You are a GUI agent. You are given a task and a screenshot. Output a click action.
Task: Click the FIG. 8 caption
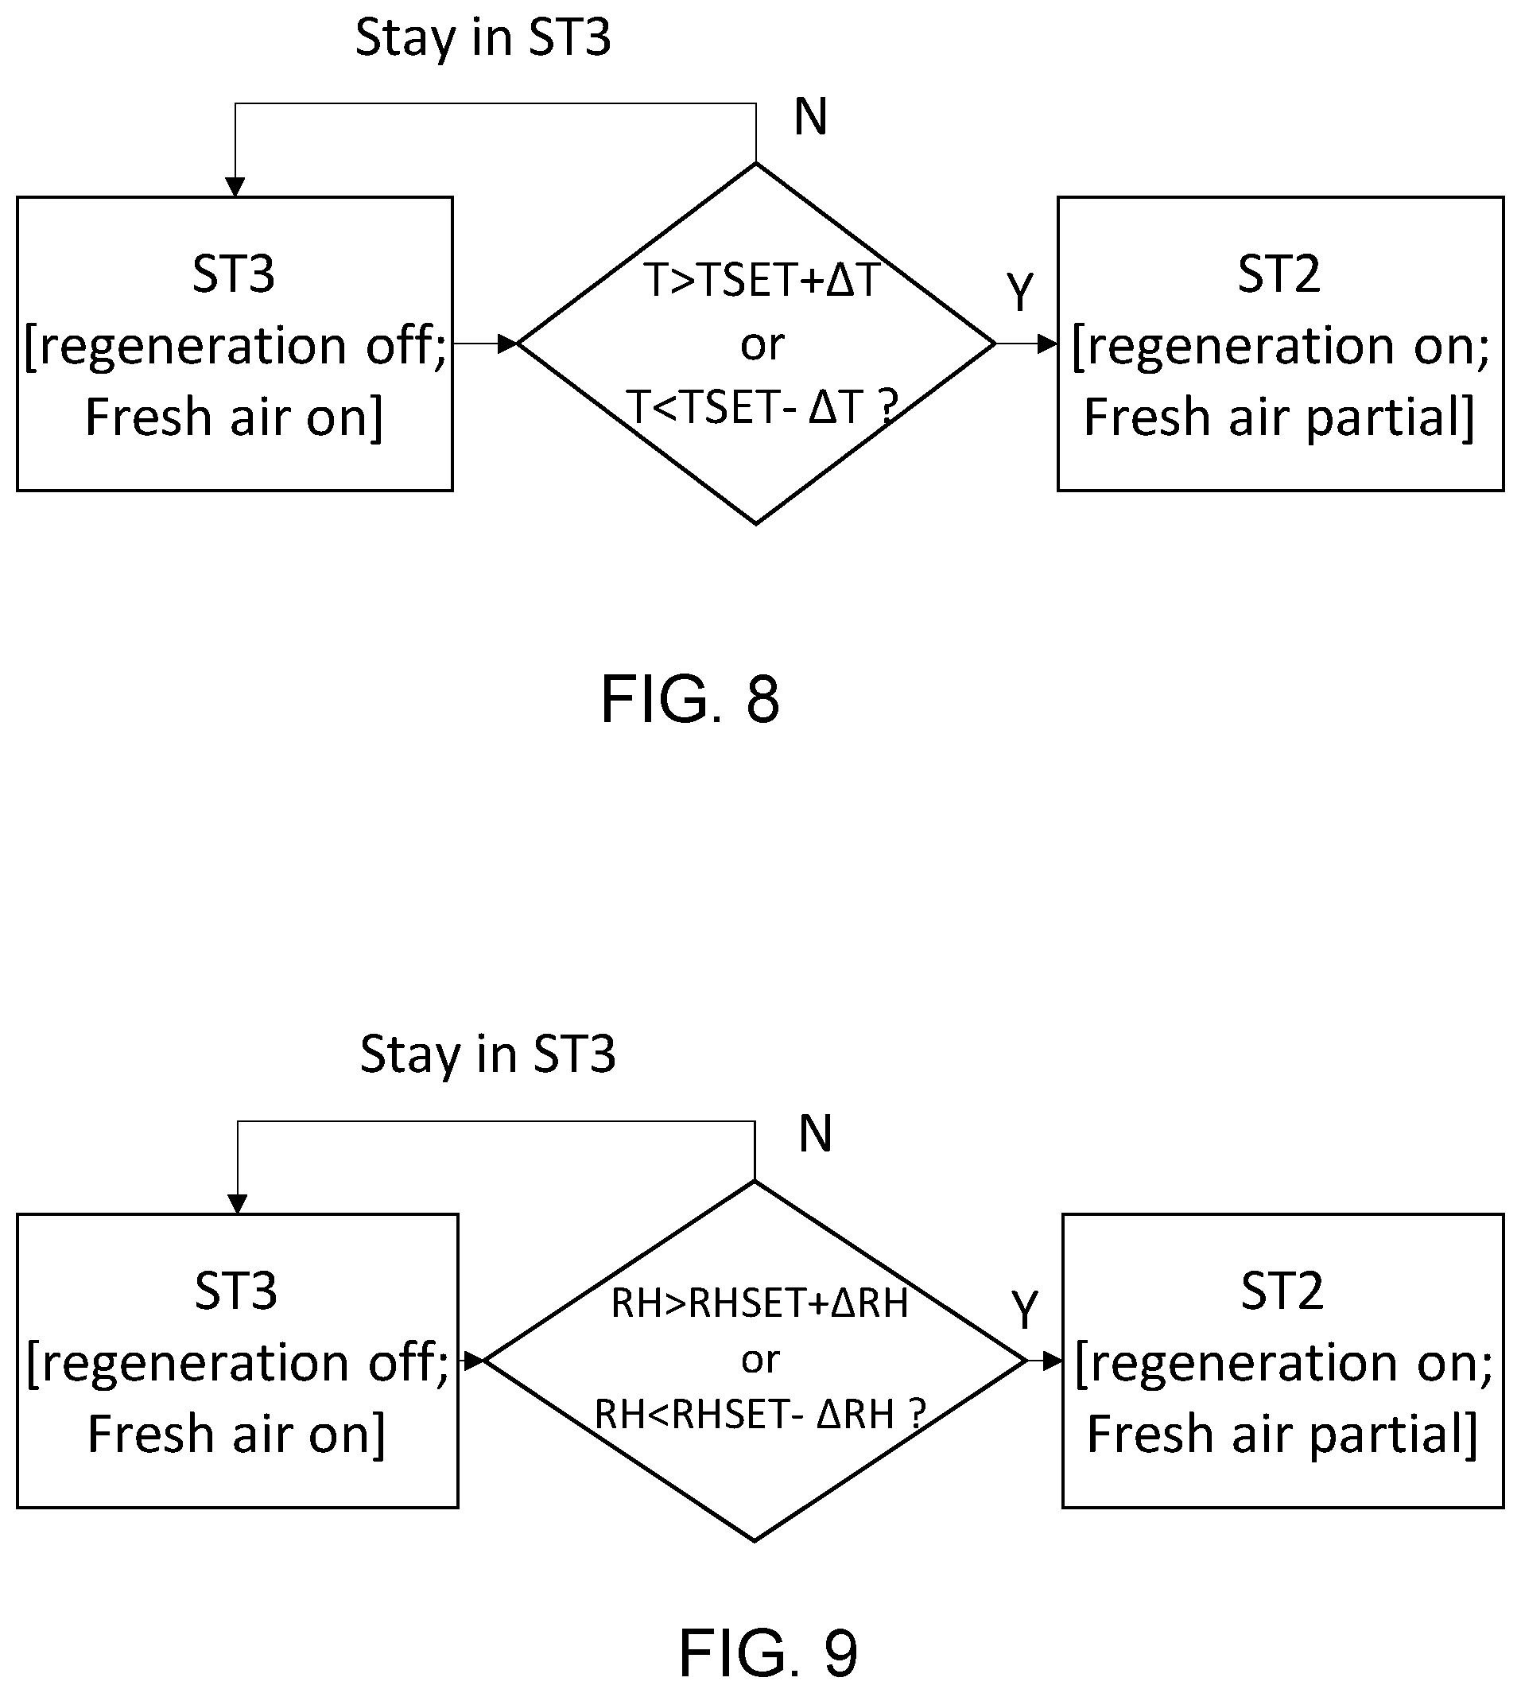tap(690, 700)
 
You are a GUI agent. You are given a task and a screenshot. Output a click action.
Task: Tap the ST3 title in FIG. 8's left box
tap(234, 274)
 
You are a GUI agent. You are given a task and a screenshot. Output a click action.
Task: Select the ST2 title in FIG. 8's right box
tap(1279, 274)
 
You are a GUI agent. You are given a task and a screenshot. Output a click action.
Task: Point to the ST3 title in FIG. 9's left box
tap(236, 1291)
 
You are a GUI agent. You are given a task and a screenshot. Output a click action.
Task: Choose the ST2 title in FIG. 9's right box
tap(1282, 1291)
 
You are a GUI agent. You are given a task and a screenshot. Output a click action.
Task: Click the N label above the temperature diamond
tap(811, 117)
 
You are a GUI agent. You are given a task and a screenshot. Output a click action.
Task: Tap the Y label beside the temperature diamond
tap(1020, 293)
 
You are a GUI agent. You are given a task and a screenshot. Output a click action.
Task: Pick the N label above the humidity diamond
tap(816, 1134)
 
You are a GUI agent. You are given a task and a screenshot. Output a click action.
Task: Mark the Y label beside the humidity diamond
tap(1025, 1310)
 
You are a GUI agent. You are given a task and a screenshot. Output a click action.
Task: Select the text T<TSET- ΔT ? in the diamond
tap(762, 408)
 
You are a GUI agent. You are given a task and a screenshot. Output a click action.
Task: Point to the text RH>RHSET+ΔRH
tap(759, 1304)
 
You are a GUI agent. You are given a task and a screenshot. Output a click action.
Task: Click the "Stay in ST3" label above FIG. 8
tap(483, 38)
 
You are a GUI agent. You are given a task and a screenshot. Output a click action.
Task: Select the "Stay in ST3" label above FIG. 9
tap(488, 1054)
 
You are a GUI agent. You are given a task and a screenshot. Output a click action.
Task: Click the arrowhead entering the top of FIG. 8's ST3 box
tap(235, 187)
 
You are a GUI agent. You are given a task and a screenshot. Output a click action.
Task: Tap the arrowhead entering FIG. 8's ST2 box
tap(1048, 344)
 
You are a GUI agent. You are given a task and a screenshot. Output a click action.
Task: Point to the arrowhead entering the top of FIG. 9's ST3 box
tap(238, 1204)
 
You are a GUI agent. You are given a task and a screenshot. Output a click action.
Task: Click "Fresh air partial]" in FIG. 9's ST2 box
tap(1282, 1434)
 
